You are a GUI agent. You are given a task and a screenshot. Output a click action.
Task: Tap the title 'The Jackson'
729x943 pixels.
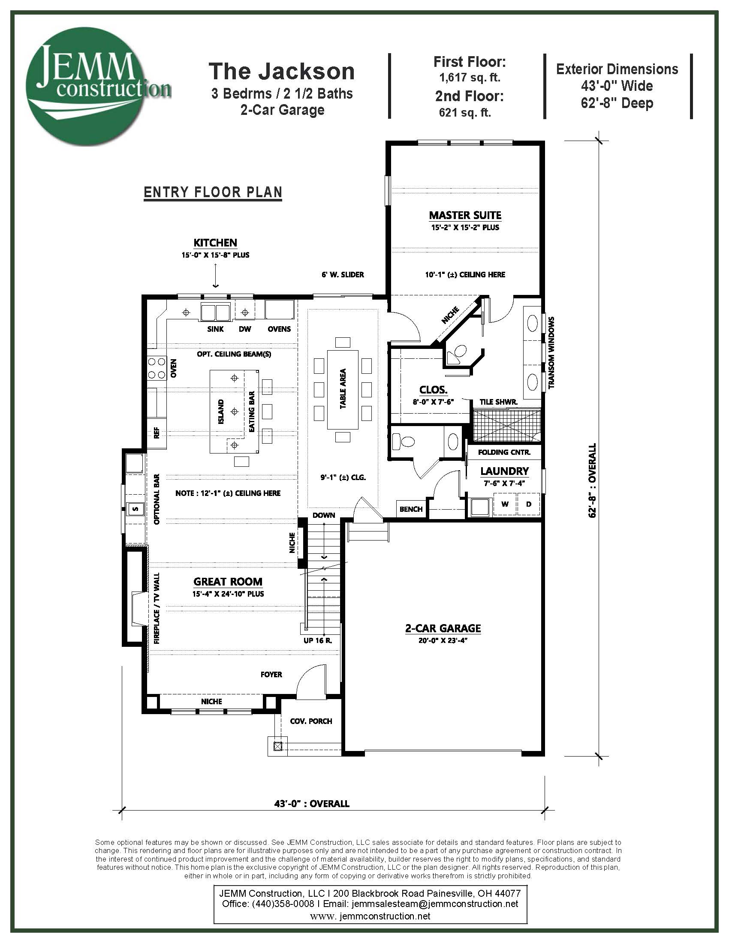coord(282,71)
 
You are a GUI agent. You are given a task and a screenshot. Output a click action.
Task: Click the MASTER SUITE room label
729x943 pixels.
coord(465,215)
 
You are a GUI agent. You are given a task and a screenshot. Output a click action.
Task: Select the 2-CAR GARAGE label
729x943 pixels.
coord(443,628)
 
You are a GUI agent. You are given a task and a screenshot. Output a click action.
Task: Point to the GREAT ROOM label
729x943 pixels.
coord(228,582)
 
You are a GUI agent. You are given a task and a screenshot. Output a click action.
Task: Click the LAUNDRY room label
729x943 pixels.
coord(504,471)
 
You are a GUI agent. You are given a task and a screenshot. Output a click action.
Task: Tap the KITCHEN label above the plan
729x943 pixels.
coord(215,243)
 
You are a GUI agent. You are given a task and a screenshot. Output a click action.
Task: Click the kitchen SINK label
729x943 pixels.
coord(216,329)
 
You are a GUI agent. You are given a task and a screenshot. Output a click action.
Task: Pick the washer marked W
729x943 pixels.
coord(504,504)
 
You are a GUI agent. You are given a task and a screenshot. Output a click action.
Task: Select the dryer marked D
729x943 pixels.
coord(528,504)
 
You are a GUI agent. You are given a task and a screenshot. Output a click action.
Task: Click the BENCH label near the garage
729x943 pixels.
coord(411,509)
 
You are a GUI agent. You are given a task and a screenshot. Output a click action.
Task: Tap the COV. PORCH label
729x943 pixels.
coord(311,721)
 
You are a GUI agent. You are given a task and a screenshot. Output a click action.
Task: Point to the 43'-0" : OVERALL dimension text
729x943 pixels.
coord(312,804)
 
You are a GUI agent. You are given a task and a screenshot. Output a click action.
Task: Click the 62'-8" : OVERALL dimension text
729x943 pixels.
coord(593,480)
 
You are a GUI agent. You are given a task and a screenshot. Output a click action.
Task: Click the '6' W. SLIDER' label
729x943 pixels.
coord(343,275)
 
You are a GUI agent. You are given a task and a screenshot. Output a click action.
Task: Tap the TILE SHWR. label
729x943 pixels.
coord(498,402)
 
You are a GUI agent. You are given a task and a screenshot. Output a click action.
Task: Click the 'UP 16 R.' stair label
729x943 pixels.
coord(317,640)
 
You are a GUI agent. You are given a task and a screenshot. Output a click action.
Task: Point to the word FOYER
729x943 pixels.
coord(271,674)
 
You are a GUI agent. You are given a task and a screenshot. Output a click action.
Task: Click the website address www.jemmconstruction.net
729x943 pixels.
coord(370,916)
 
